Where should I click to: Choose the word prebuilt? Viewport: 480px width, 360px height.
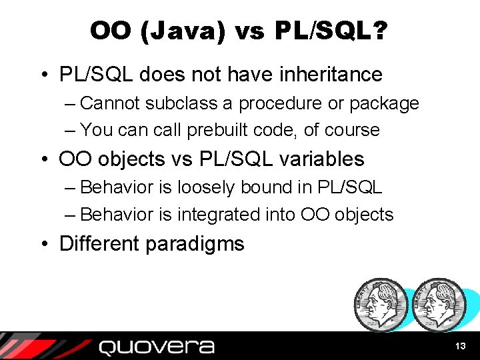217,130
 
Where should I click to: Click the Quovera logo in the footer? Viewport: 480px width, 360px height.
156,347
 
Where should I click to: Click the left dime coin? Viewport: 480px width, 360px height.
380,304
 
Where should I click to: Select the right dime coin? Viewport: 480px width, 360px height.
437,304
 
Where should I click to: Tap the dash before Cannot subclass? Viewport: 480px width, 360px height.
71,104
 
